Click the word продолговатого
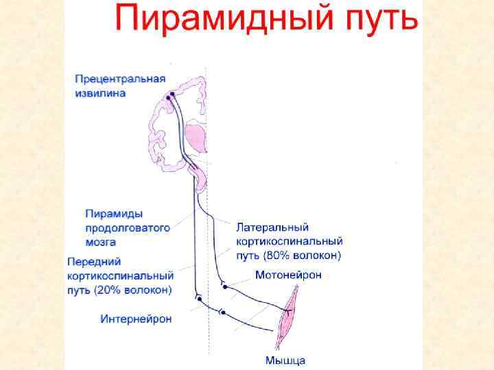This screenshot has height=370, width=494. (x=127, y=227)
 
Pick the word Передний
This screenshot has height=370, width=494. (x=95, y=261)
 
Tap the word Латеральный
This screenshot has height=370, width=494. (x=272, y=226)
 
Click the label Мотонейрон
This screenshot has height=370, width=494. (x=288, y=275)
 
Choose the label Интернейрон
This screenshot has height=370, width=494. (x=136, y=319)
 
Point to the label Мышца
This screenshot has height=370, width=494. (x=285, y=360)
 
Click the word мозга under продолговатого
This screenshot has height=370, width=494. (x=101, y=242)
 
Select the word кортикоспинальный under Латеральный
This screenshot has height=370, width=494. (x=289, y=241)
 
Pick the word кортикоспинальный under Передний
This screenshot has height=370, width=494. (x=120, y=275)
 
